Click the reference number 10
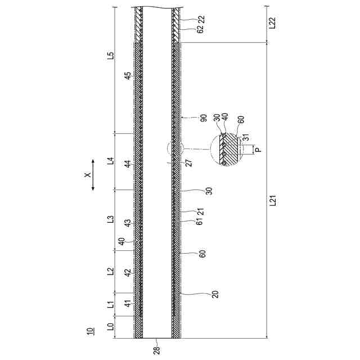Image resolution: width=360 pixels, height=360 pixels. [90, 331]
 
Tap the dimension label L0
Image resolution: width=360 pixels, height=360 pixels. [111, 327]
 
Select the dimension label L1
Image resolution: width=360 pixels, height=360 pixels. [111, 305]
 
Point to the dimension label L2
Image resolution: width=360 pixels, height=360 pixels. [111, 271]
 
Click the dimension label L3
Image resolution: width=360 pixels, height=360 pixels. [111, 219]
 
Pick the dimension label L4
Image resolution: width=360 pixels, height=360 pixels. [111, 161]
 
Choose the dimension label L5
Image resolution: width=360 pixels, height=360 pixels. [111, 56]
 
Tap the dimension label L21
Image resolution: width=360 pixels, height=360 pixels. [272, 201]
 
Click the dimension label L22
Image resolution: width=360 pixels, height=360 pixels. [272, 23]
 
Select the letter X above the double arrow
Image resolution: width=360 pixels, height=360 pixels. [88, 175]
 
